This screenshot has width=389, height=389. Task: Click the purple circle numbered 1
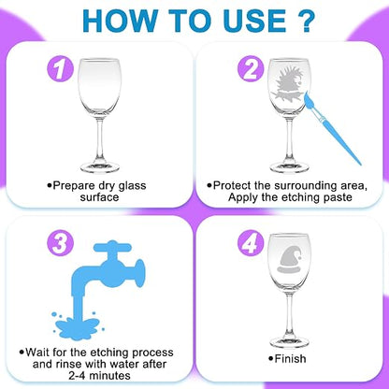click(x=61, y=68)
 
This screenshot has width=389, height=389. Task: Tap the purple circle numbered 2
click(x=251, y=68)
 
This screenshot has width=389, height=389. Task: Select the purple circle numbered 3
click(x=61, y=243)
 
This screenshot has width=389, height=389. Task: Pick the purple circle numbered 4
click(x=251, y=243)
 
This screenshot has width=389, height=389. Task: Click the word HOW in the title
click(x=120, y=21)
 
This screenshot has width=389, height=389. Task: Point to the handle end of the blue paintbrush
click(x=360, y=164)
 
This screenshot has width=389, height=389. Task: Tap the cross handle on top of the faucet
click(x=112, y=248)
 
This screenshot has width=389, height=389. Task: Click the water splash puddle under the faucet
click(x=77, y=327)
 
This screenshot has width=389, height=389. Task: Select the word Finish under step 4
click(x=290, y=359)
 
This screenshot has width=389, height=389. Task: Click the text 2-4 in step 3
click(x=78, y=376)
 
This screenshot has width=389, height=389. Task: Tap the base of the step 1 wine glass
click(x=100, y=167)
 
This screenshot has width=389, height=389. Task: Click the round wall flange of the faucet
click(x=140, y=273)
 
